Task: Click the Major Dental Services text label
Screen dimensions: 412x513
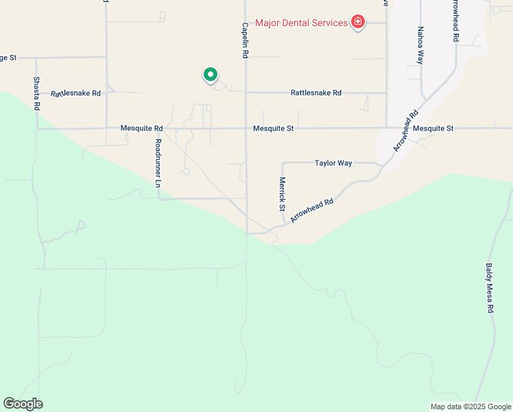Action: point(301,23)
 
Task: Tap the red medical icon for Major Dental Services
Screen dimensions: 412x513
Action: point(357,23)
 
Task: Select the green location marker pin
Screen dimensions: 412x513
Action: point(210,74)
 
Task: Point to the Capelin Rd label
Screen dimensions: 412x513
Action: point(245,40)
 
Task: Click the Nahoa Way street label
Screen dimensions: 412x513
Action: point(420,45)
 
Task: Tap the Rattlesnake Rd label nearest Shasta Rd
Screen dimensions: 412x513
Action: point(75,93)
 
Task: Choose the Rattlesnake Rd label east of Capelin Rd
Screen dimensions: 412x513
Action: point(315,93)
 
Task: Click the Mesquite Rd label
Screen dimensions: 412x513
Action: point(141,128)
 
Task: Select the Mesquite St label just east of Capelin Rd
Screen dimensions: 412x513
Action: point(273,128)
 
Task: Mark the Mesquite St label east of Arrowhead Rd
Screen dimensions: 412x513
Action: point(433,128)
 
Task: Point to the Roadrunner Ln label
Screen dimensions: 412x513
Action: point(158,163)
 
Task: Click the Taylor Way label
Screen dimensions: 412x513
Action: point(333,163)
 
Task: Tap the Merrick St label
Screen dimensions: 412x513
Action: point(282,194)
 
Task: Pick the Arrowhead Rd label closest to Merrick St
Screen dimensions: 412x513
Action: point(312,210)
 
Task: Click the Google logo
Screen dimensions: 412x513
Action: point(23,404)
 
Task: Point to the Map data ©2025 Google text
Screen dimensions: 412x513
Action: point(470,407)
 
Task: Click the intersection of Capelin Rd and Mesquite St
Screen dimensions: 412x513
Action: point(246,128)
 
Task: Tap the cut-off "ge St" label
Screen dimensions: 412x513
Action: point(8,58)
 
